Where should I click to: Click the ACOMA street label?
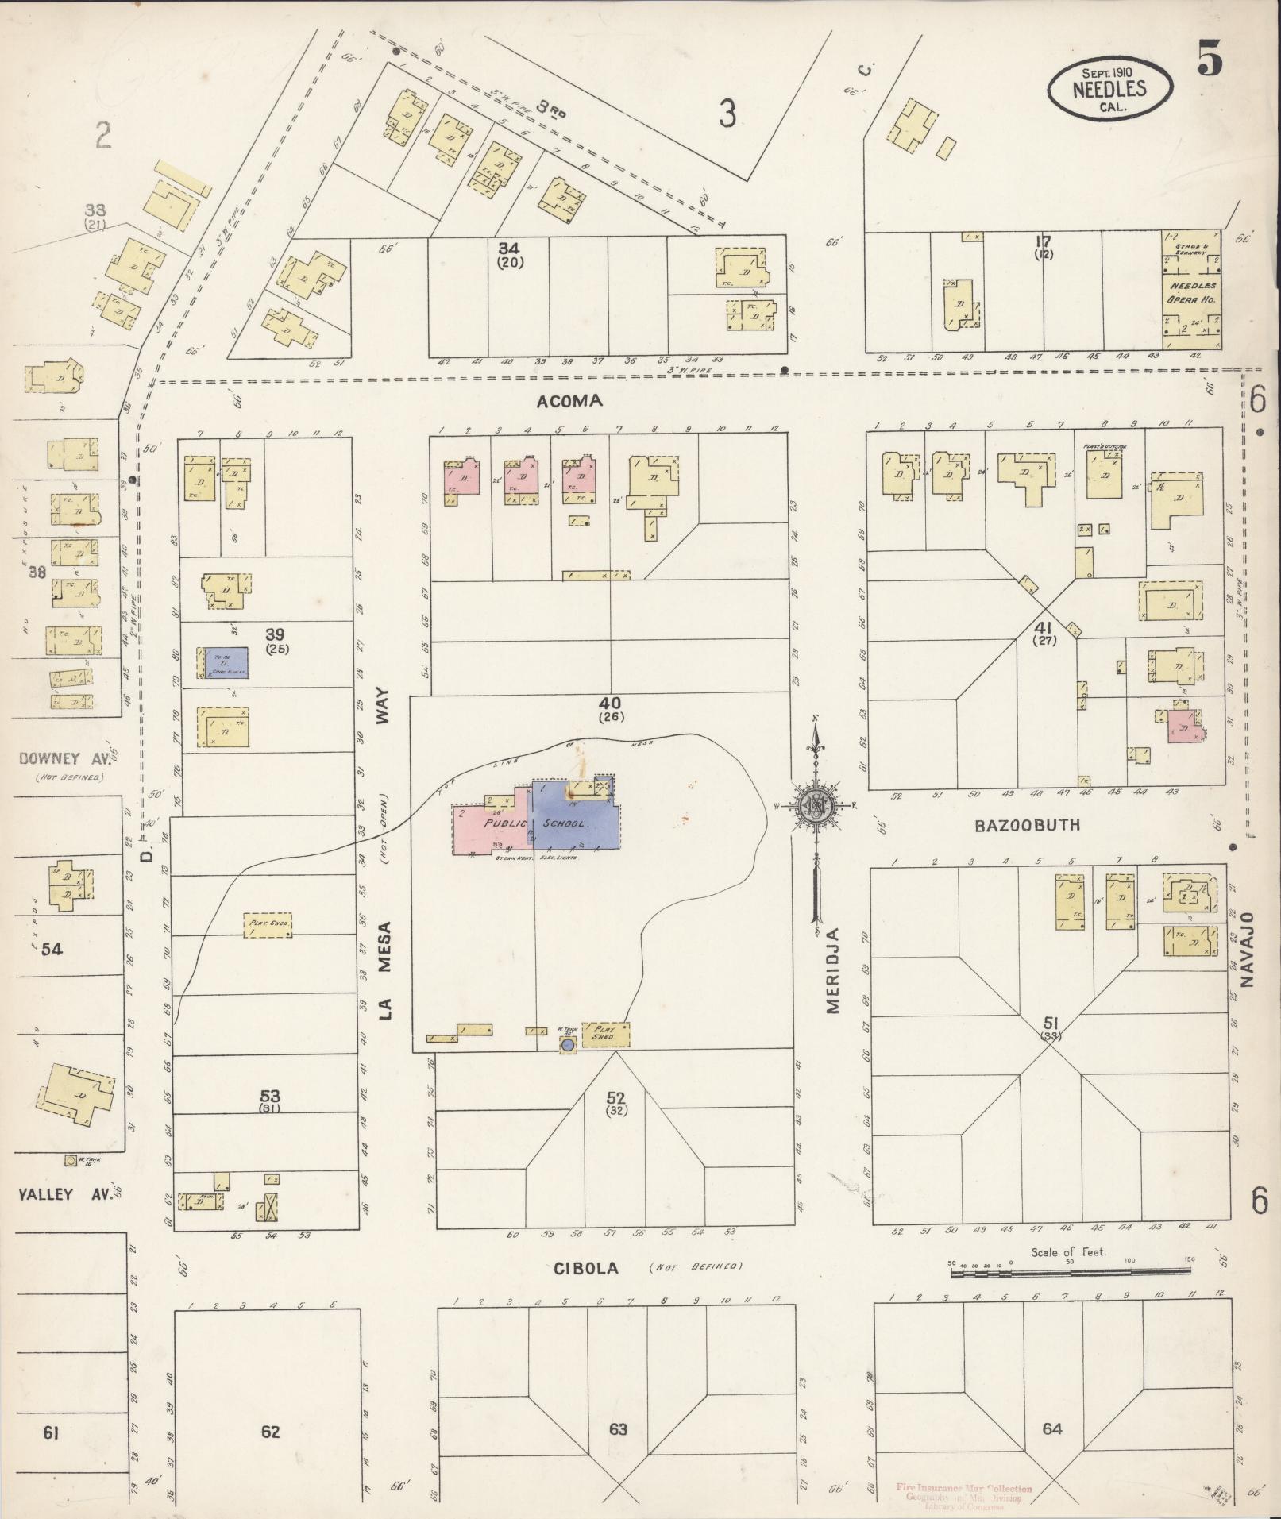pos(569,401)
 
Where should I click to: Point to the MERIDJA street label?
pos(831,969)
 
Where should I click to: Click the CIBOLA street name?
pos(586,1268)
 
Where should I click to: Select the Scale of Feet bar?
pos(1071,1272)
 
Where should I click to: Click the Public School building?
pos(537,823)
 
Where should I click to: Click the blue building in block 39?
pos(226,662)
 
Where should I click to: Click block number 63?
pos(617,1429)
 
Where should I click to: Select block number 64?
pos(1051,1428)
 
